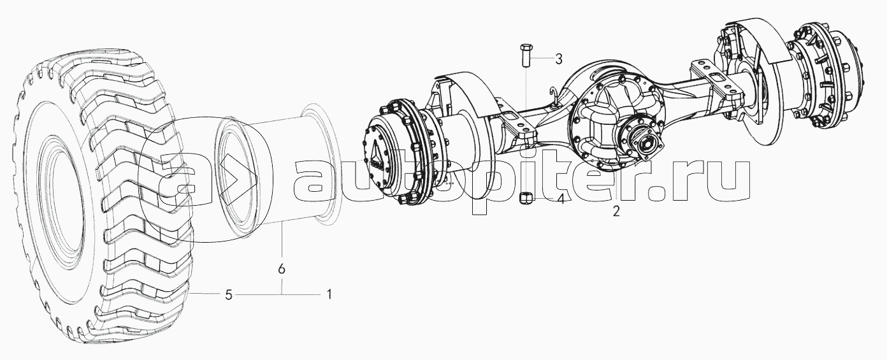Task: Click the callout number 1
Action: click(329, 294)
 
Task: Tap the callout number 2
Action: click(616, 212)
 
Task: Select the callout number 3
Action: click(558, 59)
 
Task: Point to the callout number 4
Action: click(560, 199)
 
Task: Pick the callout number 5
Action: click(229, 294)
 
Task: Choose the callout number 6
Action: click(282, 270)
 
